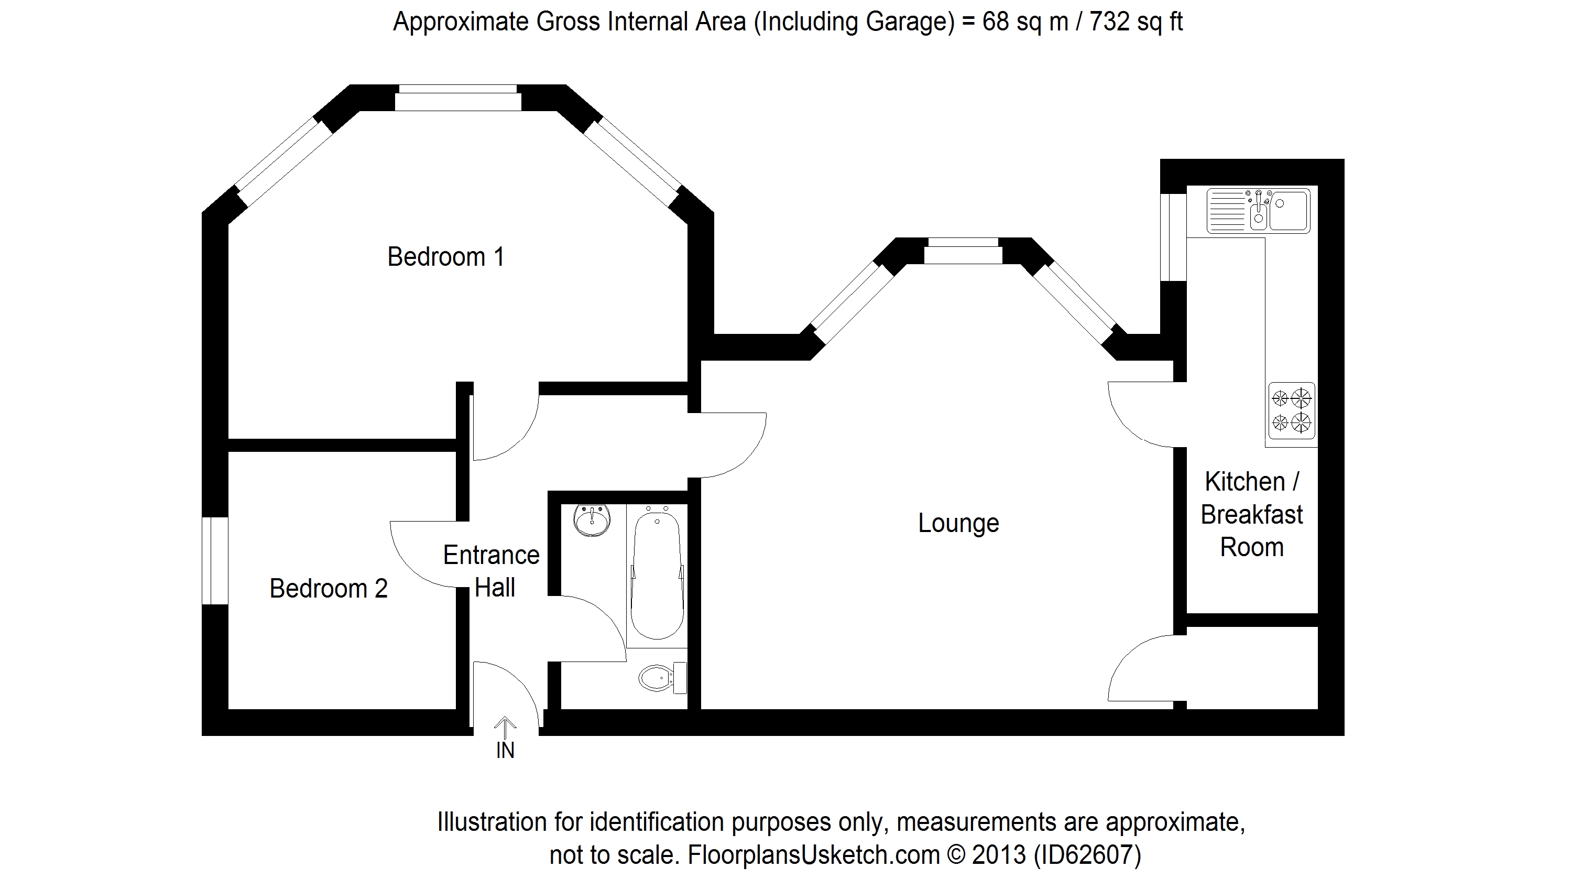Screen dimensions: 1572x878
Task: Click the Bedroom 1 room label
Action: (446, 256)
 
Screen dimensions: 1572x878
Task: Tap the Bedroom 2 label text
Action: (329, 589)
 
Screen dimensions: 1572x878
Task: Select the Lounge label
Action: (959, 523)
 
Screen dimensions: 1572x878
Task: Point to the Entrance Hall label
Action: (492, 571)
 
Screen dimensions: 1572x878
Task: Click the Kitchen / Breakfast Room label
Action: (1252, 514)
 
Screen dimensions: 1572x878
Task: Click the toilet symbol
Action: (663, 678)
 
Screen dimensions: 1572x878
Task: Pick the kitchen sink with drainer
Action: (1258, 211)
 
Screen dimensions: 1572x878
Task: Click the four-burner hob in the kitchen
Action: (1291, 411)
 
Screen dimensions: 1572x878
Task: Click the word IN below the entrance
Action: (505, 751)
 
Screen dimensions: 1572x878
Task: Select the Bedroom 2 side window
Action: (215, 561)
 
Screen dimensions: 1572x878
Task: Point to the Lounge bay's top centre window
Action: (963, 251)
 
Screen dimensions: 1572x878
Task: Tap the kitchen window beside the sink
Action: (1173, 237)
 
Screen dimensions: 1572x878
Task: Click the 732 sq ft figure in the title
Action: (1136, 22)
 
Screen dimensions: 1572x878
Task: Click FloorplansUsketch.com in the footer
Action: (813, 855)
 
